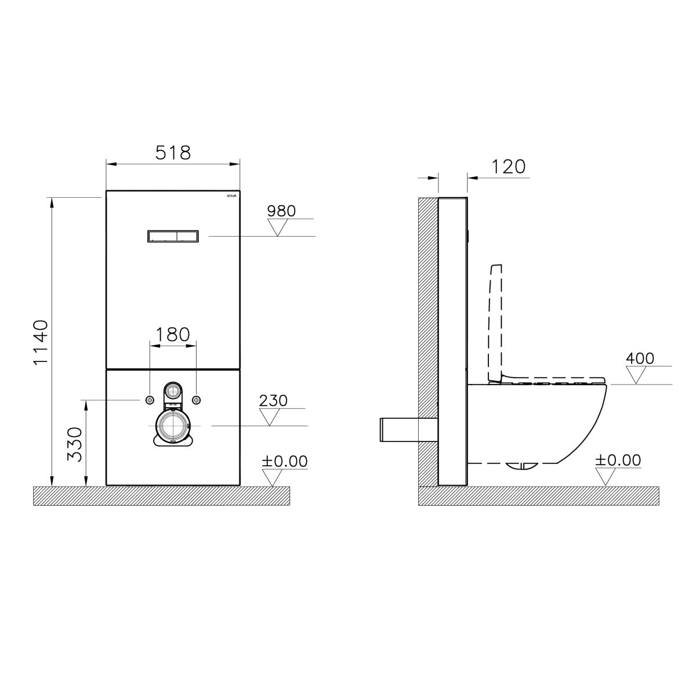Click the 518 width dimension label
173,153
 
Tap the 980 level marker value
281,211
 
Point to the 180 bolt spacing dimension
173,335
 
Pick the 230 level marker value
273,401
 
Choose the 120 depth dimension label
508,166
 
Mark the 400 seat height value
640,358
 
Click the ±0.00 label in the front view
284,462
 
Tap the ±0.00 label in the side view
618,461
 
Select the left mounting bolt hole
150,400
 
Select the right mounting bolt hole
197,400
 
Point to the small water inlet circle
173,390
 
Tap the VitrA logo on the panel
231,196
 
